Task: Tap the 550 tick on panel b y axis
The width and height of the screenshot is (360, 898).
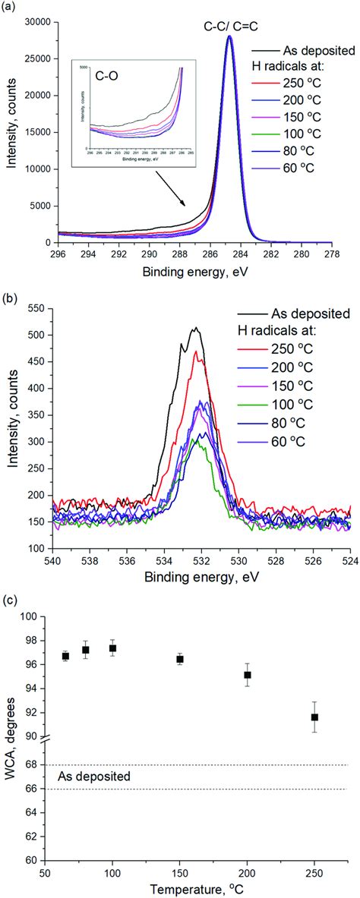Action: tap(39, 307)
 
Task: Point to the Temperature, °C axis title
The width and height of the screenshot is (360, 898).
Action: tap(191, 889)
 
